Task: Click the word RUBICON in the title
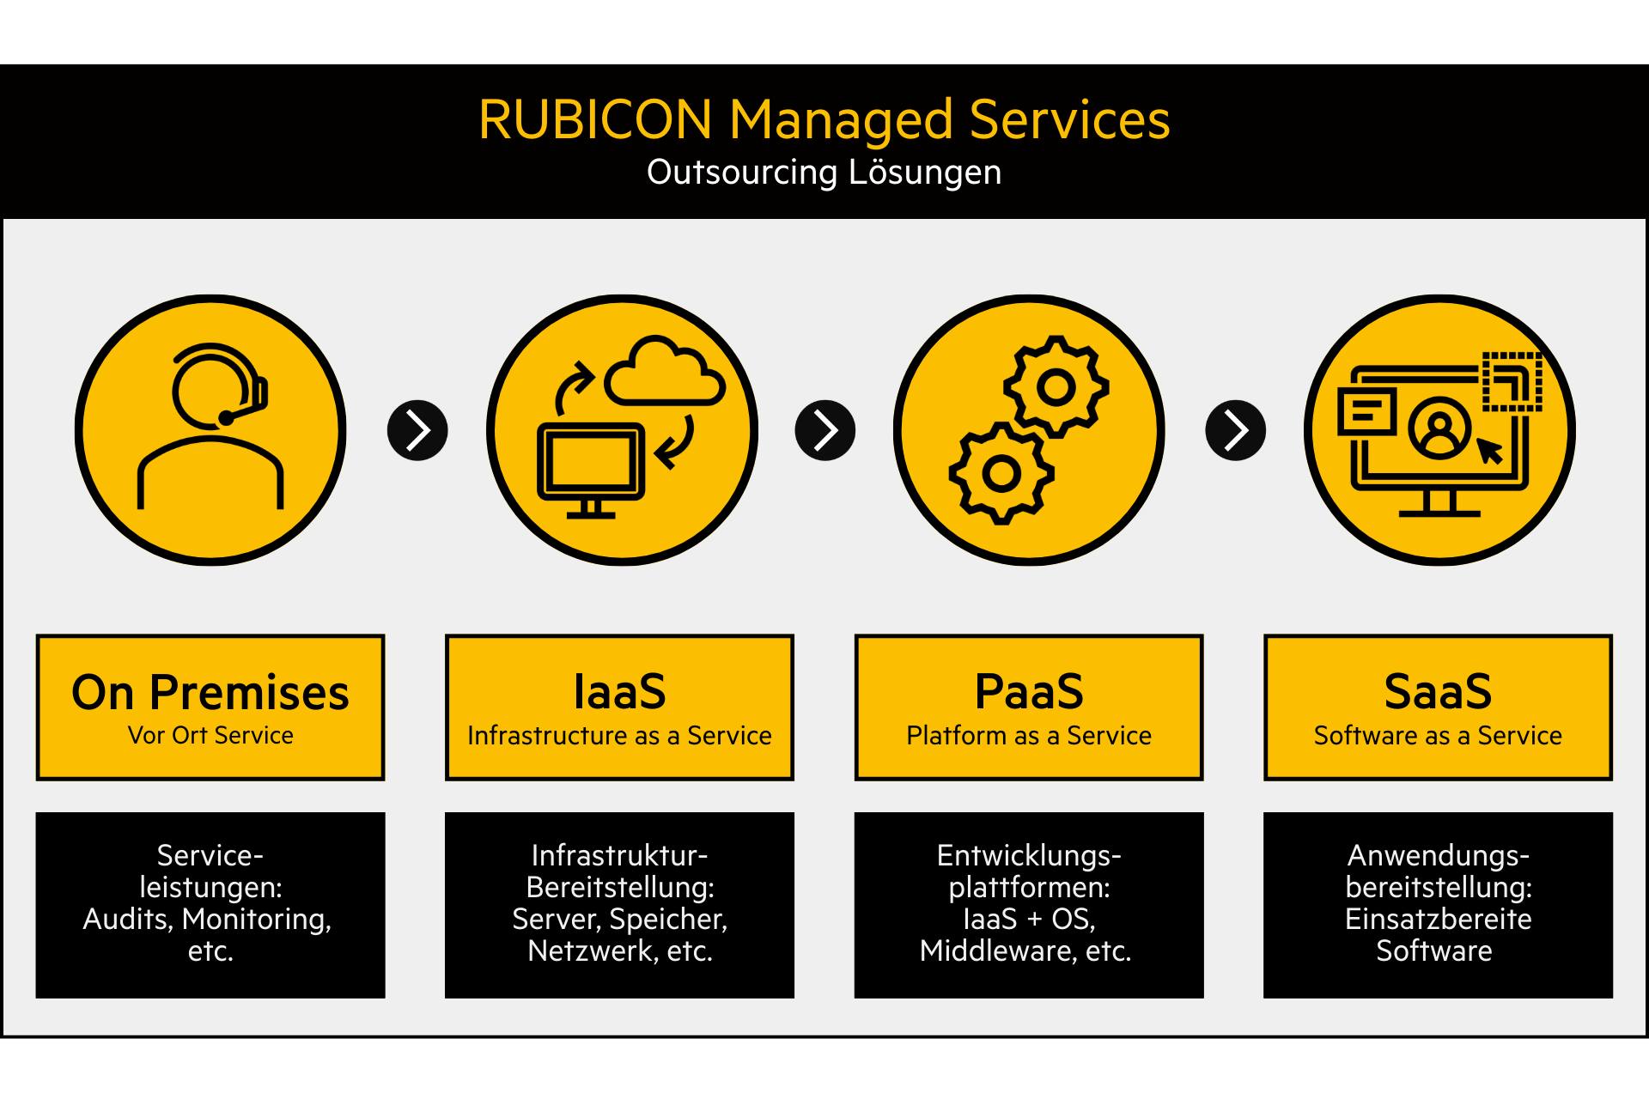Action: click(x=594, y=119)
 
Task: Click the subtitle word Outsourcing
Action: click(x=741, y=173)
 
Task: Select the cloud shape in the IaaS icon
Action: click(x=664, y=374)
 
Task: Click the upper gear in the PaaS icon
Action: click(x=1056, y=387)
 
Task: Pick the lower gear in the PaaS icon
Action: click(x=1001, y=473)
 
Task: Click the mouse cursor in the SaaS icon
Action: click(x=1489, y=450)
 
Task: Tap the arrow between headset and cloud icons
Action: click(x=417, y=430)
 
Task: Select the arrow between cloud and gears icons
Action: click(x=824, y=430)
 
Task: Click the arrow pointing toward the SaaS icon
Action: click(x=1235, y=430)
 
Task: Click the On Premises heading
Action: click(x=210, y=693)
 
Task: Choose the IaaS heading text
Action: click(x=619, y=692)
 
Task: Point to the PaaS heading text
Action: click(x=1029, y=692)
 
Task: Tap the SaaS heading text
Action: click(x=1438, y=692)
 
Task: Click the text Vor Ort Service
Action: click(x=210, y=736)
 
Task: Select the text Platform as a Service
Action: click(x=1029, y=736)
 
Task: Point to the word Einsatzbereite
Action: click(x=1438, y=920)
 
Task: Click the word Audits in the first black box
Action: click(x=126, y=920)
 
